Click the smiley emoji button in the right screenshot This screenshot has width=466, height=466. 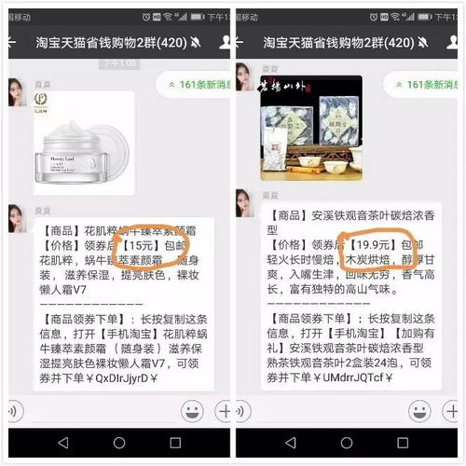pos(426,411)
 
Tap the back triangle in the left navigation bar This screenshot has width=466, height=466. pos(62,442)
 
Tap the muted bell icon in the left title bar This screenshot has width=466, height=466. pos(196,43)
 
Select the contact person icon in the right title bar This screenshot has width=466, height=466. pos(455,43)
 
